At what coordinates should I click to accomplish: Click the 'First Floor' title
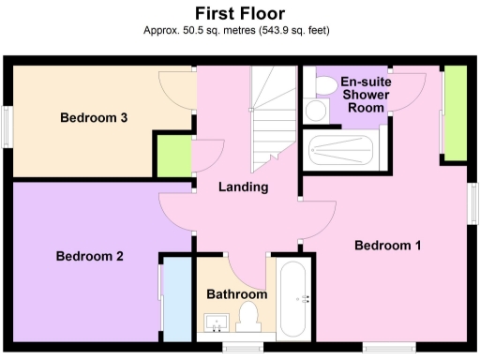tap(239, 13)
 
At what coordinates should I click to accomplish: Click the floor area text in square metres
tap(239, 31)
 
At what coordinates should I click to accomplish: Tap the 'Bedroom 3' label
tap(94, 118)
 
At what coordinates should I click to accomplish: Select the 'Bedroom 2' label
tap(89, 256)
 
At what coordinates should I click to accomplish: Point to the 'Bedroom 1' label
tap(387, 246)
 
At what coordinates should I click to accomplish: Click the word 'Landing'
tap(243, 187)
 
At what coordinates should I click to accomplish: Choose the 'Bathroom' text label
tap(237, 294)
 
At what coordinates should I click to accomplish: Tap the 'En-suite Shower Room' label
tap(365, 95)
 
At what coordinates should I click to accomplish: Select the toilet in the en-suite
tap(325, 86)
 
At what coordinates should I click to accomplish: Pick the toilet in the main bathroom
tap(251, 315)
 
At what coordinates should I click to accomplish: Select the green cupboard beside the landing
tap(172, 155)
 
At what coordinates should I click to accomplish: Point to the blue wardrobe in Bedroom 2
tap(174, 299)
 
